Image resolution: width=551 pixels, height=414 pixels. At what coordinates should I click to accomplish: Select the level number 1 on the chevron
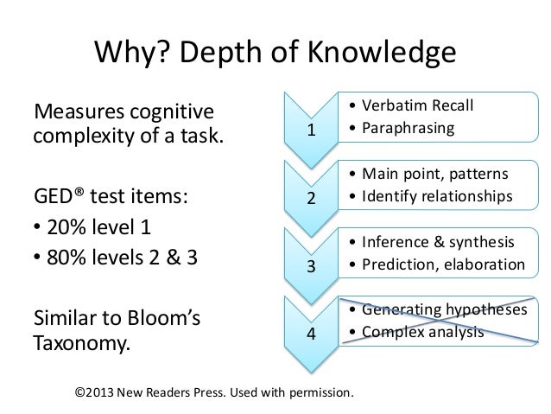313,132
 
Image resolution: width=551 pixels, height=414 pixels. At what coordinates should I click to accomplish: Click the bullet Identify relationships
432,198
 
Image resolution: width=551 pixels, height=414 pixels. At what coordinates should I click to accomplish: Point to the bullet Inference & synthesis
431,241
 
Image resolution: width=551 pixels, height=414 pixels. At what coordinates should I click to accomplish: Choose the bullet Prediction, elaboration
436,264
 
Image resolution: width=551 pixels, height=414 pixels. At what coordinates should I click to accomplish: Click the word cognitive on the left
171,112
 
